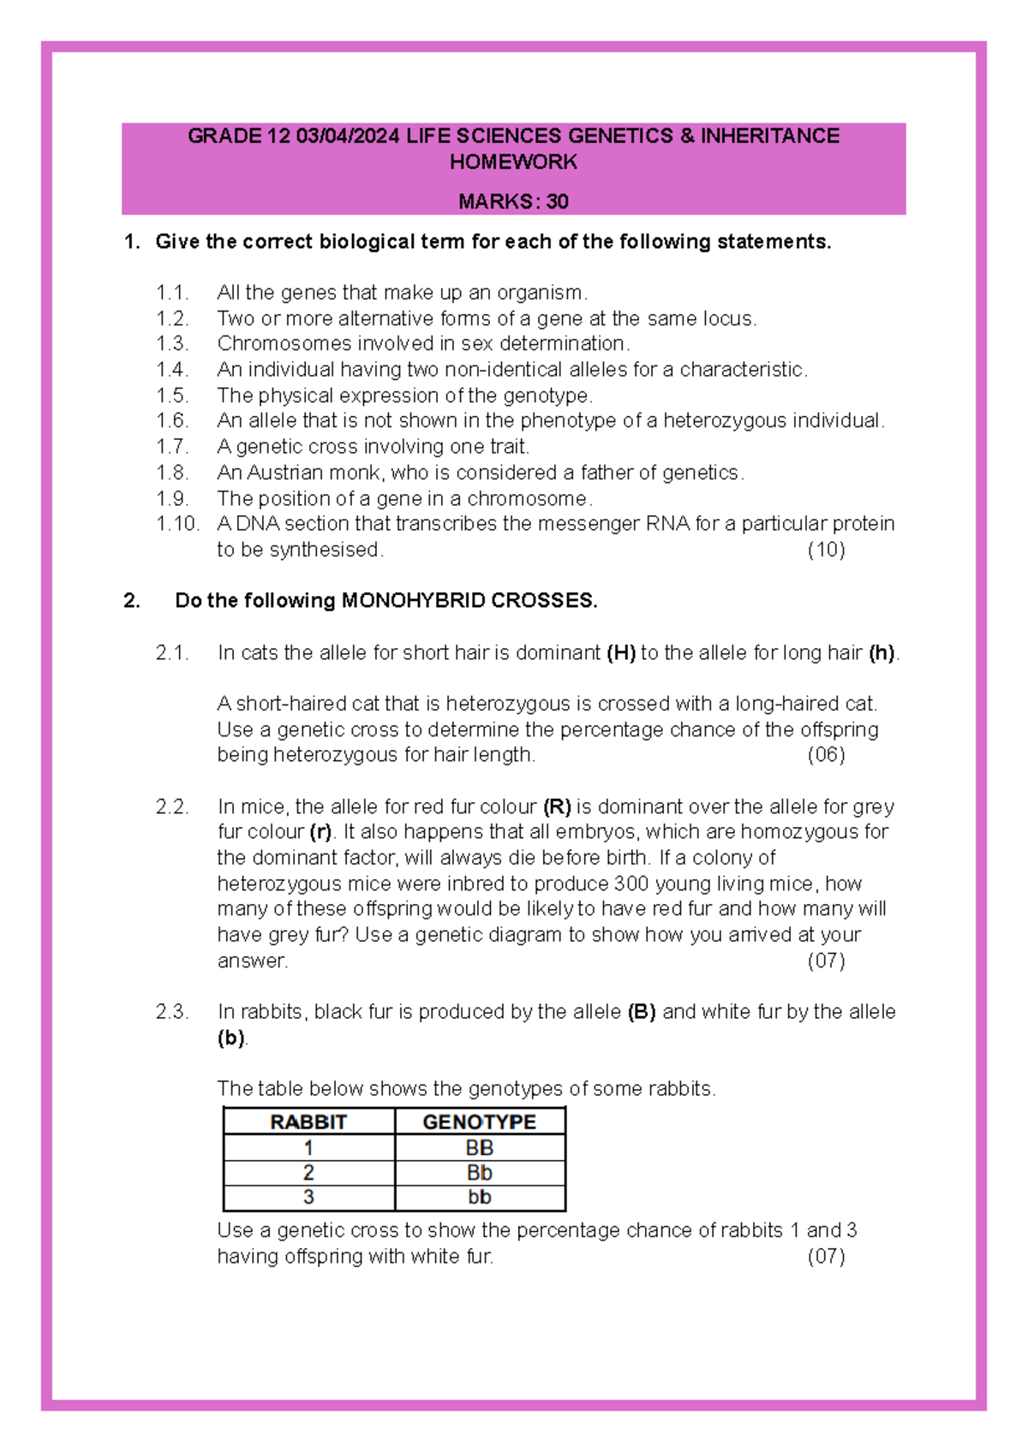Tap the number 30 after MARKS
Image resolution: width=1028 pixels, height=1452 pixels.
pos(558,202)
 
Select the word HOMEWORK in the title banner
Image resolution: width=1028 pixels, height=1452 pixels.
pos(513,162)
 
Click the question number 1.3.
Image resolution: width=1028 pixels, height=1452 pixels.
pos(172,344)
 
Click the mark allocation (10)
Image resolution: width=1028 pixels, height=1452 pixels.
pos(826,550)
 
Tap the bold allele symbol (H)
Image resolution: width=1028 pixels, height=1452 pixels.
pos(621,653)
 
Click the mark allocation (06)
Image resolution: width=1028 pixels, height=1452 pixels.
pos(826,755)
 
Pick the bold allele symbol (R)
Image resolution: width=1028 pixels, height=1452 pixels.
pos(557,807)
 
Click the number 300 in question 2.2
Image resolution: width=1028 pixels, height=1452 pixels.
pos(631,884)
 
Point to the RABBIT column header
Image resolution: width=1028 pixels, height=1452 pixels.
pos(308,1122)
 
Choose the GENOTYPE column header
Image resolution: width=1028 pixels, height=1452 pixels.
pos(480,1122)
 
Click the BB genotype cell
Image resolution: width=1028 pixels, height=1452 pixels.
pos(480,1148)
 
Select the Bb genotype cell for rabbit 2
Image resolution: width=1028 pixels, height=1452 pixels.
pos(480,1173)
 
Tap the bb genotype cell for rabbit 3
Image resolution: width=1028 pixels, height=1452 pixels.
pos(480,1198)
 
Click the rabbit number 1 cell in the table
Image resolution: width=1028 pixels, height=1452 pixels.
pos(308,1148)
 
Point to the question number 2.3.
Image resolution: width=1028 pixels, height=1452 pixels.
pos(172,1012)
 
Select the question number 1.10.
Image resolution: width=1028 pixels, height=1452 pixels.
pos(177,524)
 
